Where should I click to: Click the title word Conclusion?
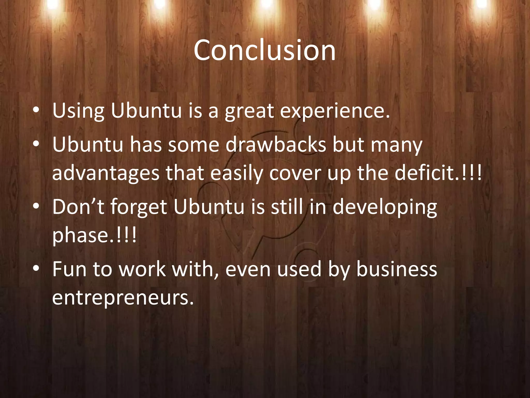coord(264,50)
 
